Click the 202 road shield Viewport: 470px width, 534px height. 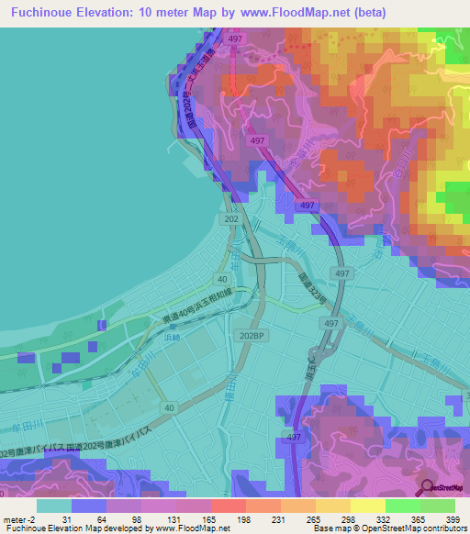(x=229, y=217)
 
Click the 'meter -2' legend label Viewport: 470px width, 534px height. (x=18, y=520)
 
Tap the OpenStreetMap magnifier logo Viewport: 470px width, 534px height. (x=428, y=487)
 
